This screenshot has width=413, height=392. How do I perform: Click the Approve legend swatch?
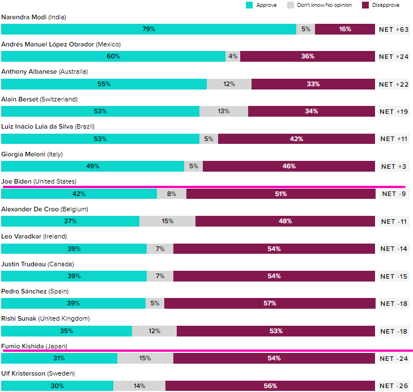[x=249, y=5]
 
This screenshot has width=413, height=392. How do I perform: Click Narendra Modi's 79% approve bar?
[x=148, y=29]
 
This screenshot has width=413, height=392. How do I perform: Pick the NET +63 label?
[x=394, y=29]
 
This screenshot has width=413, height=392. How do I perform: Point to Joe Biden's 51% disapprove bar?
[x=280, y=194]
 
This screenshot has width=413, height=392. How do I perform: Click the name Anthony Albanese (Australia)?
[x=44, y=71]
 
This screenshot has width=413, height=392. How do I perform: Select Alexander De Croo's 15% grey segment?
[x=167, y=221]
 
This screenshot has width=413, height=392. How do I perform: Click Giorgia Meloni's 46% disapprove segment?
[x=289, y=166]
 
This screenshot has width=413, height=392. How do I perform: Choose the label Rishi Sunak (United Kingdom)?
[x=45, y=318]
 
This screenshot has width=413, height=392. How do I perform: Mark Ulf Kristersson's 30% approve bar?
[x=57, y=386]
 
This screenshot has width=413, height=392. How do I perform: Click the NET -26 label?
[x=394, y=386]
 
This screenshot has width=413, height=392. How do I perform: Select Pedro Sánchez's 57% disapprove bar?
[x=270, y=303]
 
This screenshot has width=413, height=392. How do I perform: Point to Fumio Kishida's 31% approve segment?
[x=59, y=358]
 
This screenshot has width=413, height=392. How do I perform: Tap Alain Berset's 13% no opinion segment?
[x=223, y=111]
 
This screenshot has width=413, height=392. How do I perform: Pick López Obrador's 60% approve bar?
[x=113, y=56]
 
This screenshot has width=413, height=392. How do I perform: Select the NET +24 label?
[x=394, y=56]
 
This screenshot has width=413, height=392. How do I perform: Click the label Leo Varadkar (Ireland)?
[x=37, y=236]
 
